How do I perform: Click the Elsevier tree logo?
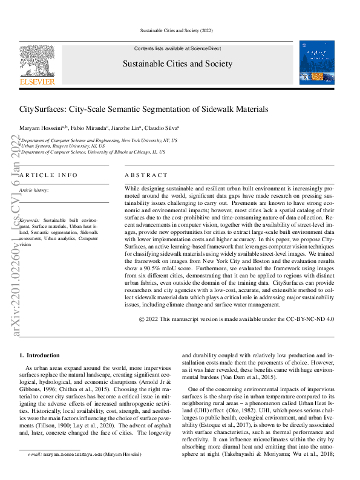click(x=37, y=60)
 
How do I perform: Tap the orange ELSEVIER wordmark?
click(x=37, y=81)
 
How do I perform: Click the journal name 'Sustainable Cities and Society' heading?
click(x=177, y=63)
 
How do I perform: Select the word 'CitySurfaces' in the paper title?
click(x=41, y=109)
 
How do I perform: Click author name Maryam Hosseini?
click(x=38, y=128)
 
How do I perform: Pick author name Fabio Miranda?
click(x=88, y=128)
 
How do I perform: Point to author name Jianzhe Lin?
click(x=126, y=128)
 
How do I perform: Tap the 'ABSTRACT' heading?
click(x=146, y=175)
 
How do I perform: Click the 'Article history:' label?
click(x=34, y=190)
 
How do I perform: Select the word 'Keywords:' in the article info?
click(x=30, y=221)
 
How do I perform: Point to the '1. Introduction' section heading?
click(x=39, y=355)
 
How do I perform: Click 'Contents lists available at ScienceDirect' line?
click(x=177, y=48)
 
